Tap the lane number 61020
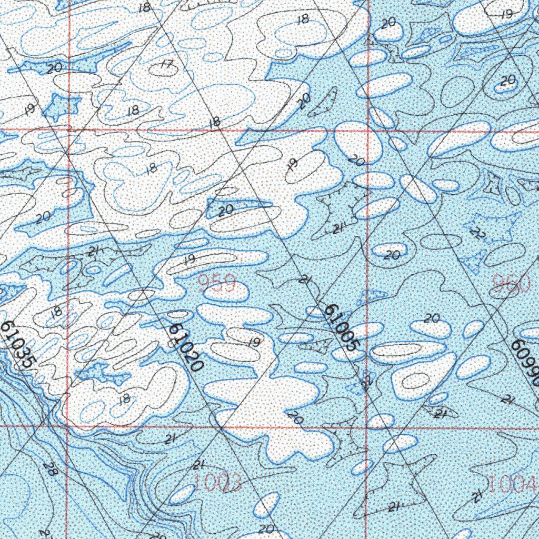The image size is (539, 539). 186,348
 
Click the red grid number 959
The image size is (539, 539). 217,284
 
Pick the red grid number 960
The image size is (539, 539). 511,284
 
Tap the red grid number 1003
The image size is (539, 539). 218,482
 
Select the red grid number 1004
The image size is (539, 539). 512,483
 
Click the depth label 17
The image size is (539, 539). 166,66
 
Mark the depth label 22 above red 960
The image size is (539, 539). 477,233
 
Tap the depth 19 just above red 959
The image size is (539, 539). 189,259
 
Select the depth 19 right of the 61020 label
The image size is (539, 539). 254,342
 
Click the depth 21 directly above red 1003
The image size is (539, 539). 198,465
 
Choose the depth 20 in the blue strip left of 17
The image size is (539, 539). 54,68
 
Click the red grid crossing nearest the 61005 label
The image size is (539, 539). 366,427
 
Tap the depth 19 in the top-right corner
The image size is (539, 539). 507,15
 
